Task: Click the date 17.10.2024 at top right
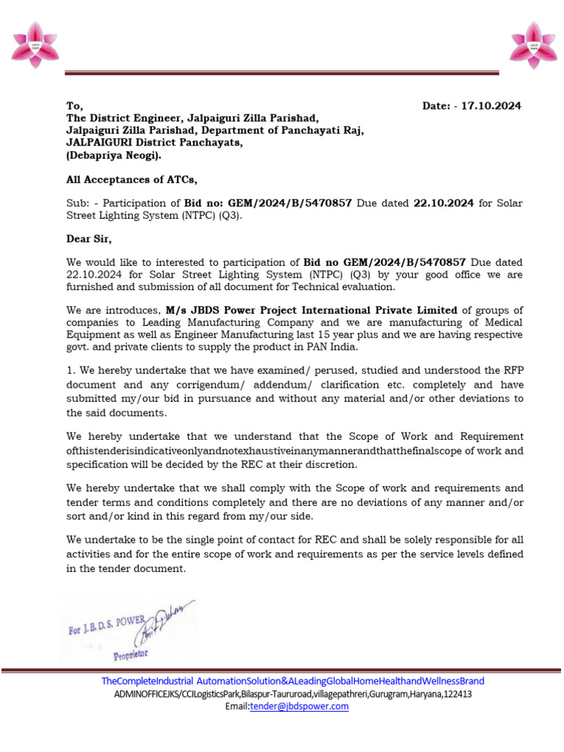coord(491,106)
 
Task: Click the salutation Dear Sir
coord(89,239)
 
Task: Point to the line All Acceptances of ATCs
coord(132,179)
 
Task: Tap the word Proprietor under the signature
coord(130,653)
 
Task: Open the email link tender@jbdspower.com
coord(299,706)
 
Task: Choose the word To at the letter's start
coord(74,106)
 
